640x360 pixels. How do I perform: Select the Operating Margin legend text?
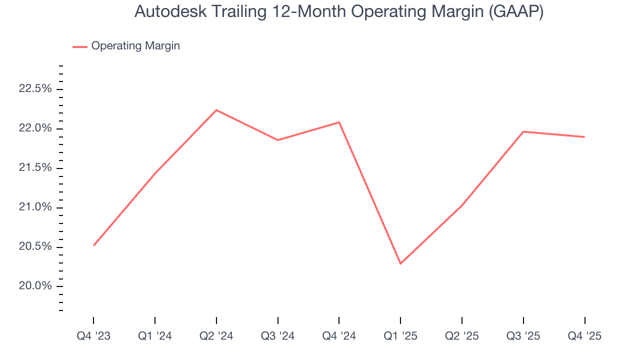coord(135,46)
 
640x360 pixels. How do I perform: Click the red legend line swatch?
coord(80,46)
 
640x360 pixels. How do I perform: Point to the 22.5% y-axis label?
coord(35,89)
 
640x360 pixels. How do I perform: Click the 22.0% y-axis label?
coord(35,128)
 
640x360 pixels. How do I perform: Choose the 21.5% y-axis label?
coord(35,168)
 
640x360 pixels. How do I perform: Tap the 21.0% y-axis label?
coord(35,207)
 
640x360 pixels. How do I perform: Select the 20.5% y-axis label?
coord(35,247)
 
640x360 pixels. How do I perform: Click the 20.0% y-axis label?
coord(35,286)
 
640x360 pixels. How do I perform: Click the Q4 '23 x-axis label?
coord(93,336)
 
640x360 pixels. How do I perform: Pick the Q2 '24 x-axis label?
coord(216,336)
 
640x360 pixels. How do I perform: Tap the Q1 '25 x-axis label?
coord(400,336)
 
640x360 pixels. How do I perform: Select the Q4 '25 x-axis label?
coord(584,336)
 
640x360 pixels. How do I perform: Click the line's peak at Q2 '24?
coord(216,110)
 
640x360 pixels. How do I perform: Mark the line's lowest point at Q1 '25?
coord(400,263)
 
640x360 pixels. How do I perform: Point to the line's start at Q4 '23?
coord(94,245)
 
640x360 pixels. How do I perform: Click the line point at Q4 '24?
coord(339,122)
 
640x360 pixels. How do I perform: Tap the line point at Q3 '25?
coord(523,131)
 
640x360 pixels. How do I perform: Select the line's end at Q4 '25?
coord(584,137)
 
